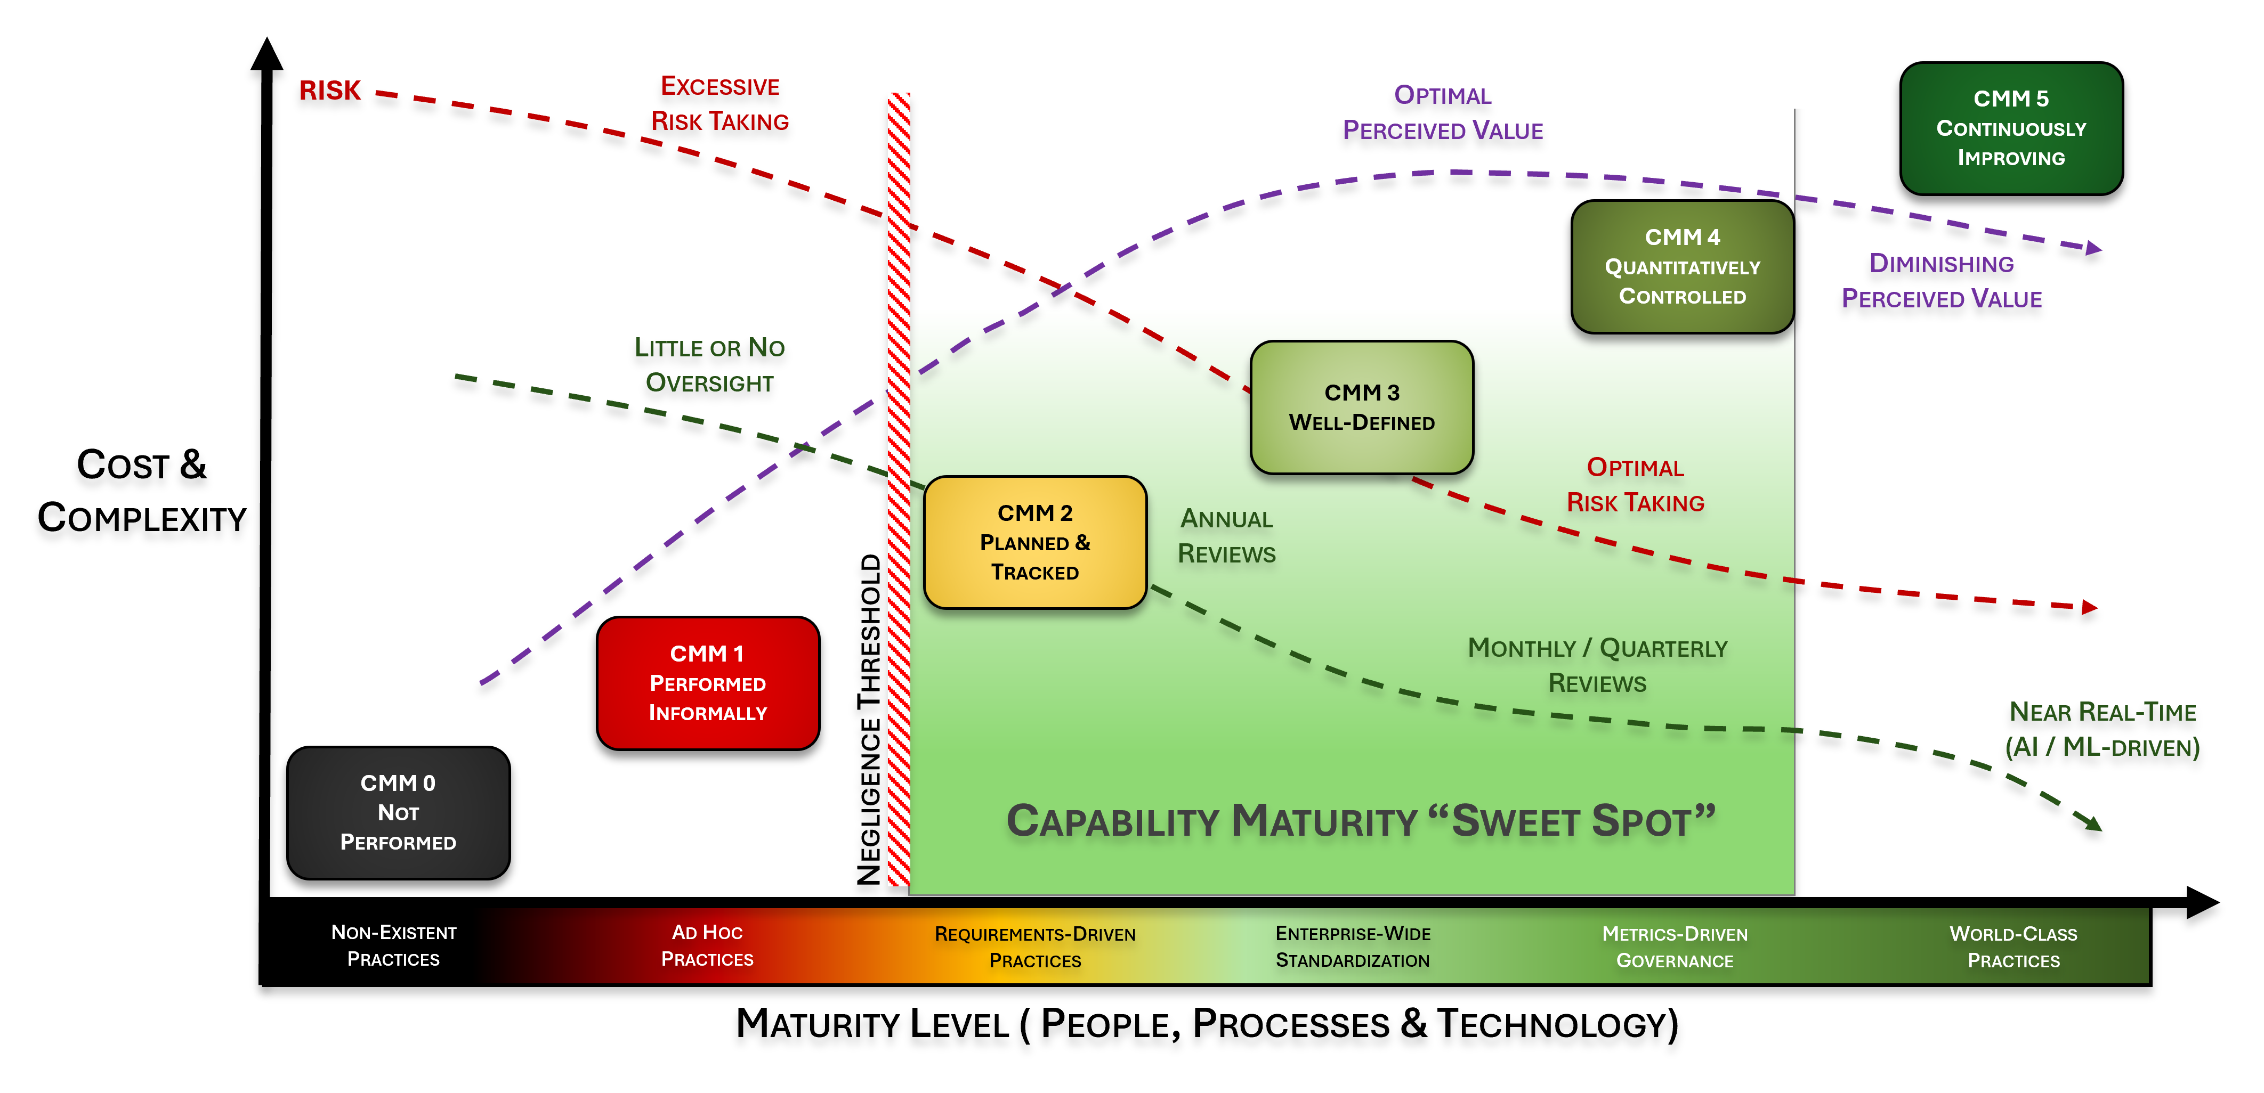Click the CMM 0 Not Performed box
point(398,813)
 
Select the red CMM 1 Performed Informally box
point(708,683)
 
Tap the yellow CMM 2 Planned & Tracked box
point(1034,542)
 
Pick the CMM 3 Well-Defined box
point(1361,407)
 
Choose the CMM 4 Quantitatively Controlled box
point(1681,266)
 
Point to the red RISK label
point(329,91)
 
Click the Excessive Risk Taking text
point(720,104)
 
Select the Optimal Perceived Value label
point(1442,112)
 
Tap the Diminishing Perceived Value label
point(1942,281)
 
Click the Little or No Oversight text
point(709,365)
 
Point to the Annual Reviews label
point(1226,536)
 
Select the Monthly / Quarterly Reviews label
point(1597,665)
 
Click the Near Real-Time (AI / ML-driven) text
point(2103,729)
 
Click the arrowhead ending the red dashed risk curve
point(2089,606)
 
